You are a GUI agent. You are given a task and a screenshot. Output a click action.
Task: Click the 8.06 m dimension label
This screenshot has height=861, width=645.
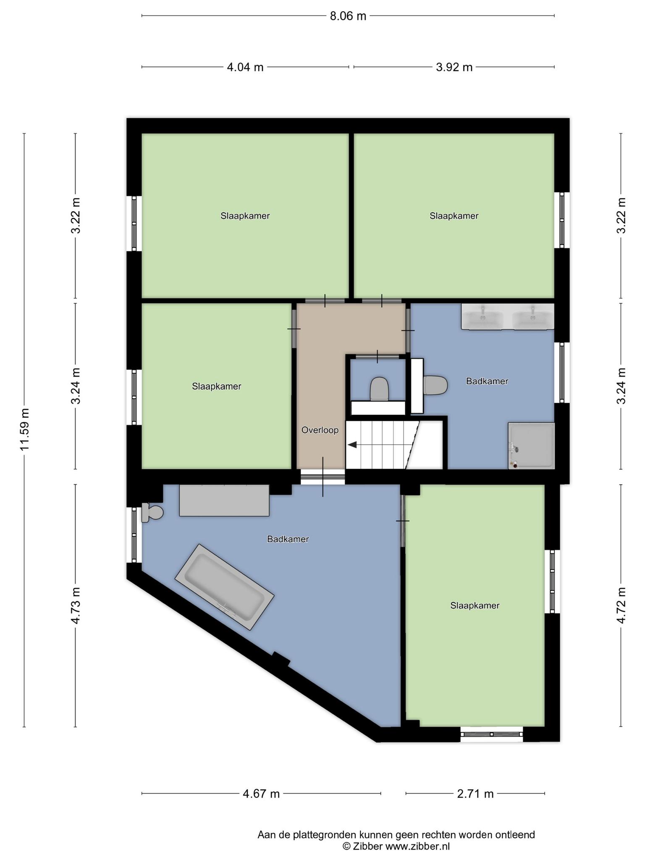348,16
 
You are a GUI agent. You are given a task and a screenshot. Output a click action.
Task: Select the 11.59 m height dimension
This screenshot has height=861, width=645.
25,429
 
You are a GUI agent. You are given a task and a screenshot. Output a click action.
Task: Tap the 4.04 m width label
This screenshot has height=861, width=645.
245,67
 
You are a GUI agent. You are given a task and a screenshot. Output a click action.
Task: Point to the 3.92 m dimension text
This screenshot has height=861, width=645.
454,67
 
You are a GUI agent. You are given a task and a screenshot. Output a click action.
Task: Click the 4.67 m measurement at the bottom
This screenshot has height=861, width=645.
261,794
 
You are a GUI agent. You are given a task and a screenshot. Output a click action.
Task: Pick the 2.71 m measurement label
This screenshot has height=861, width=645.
475,794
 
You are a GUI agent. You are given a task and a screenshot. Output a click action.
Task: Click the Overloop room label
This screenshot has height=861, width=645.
320,430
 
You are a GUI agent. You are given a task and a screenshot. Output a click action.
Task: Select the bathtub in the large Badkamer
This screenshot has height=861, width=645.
224,587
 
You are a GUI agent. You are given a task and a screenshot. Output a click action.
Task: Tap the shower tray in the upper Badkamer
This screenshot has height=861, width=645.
531,446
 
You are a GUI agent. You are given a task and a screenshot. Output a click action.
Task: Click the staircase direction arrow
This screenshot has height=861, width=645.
352,444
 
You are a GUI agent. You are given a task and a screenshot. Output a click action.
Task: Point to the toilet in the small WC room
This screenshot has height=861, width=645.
379,389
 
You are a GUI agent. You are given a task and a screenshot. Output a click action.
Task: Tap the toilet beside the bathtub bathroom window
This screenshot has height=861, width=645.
152,512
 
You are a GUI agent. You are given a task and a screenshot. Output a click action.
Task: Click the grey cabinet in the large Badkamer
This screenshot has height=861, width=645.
224,500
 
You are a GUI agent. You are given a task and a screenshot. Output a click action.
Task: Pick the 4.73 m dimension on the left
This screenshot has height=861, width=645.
76,605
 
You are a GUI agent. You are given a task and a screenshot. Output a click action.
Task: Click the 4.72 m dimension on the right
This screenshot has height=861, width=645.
621,605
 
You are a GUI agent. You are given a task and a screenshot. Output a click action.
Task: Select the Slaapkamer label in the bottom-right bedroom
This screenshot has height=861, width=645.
475,605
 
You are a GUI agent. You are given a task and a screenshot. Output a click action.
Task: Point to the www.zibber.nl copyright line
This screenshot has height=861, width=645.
396,846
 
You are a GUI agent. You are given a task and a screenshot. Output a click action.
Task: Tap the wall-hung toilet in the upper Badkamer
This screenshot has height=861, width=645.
435,385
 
